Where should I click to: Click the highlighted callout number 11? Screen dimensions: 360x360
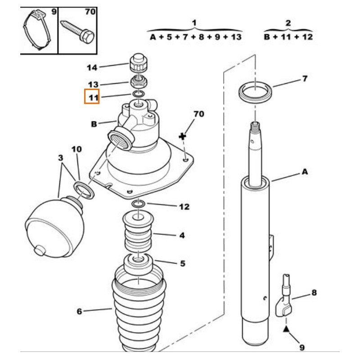[x=92, y=97]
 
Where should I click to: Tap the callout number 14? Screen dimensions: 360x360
[x=92, y=68]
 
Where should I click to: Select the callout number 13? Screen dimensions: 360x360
[x=93, y=85]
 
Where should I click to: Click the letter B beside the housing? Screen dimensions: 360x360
[x=94, y=124]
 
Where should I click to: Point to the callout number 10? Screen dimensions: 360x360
[x=76, y=148]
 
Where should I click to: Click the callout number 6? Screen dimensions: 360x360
[x=79, y=311]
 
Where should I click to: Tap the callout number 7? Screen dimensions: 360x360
[x=305, y=79]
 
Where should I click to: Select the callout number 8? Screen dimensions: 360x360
[x=314, y=293]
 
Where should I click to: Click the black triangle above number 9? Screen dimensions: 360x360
[x=285, y=329]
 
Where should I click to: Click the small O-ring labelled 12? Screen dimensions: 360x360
[x=139, y=205]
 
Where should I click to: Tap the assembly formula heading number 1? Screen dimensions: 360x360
[x=194, y=23]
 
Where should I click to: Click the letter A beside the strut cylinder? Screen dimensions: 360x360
[x=305, y=171]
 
